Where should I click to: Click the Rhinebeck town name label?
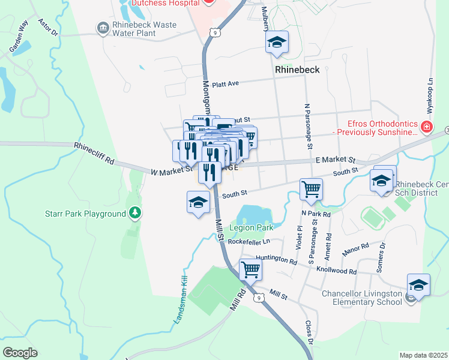point(297,70)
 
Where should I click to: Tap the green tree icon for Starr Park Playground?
point(136,213)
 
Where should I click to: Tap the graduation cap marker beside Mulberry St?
point(277,42)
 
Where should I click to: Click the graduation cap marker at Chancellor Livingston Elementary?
point(418,285)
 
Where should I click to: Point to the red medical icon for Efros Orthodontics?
point(426,127)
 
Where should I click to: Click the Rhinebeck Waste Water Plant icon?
point(102,28)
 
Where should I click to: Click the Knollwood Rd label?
point(337,271)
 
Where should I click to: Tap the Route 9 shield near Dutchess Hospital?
point(215,33)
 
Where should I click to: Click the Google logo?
point(20,353)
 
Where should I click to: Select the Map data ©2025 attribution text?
point(423,355)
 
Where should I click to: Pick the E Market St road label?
point(335,160)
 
